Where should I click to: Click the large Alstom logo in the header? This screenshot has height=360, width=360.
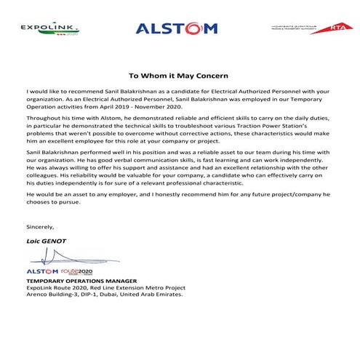[x=176, y=29]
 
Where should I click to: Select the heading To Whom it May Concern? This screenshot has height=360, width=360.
[x=179, y=75]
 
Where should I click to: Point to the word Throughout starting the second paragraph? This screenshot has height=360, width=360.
[x=43, y=117]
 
